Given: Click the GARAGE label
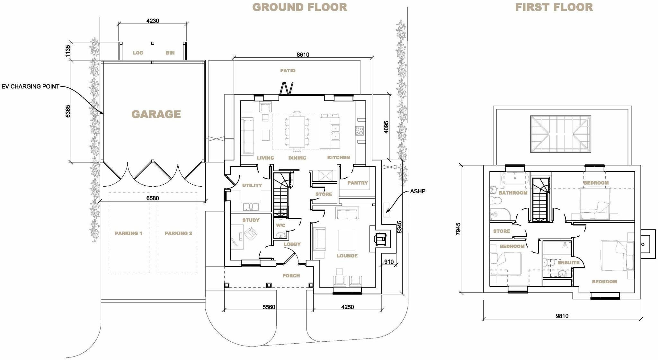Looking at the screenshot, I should click(156, 114).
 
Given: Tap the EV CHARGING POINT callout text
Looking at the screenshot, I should click(30, 86).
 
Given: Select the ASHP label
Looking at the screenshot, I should click(418, 191).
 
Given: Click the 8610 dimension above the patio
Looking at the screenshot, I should click(303, 55).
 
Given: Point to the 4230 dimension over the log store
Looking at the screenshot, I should click(153, 21).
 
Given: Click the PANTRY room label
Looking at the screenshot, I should click(357, 183).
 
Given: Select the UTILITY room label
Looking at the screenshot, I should click(252, 185).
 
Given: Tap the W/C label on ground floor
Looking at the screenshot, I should click(280, 225).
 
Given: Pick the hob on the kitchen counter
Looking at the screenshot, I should click(359, 131).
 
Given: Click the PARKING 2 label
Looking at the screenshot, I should click(178, 233).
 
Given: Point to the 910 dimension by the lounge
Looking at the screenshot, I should click(389, 262).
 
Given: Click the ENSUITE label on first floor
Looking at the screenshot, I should click(568, 262).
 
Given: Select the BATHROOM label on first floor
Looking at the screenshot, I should click(513, 193).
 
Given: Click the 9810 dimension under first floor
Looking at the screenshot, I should click(562, 316).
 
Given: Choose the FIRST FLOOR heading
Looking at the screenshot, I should click(554, 7).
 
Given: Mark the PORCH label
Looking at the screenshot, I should click(291, 276).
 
